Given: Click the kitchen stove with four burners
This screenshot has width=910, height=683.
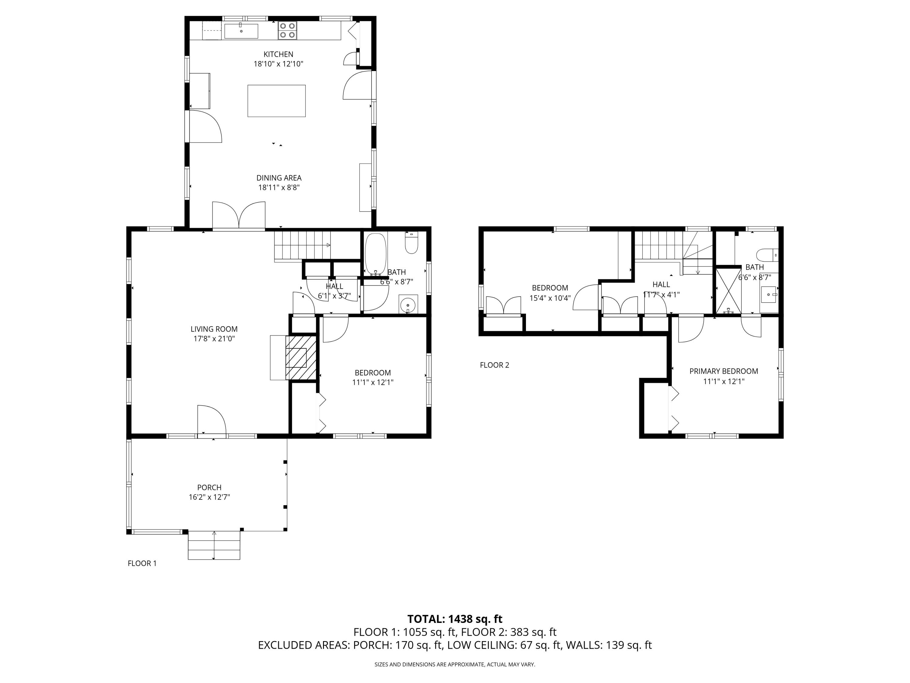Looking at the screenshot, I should (x=287, y=30).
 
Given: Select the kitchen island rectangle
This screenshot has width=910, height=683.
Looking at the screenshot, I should (x=276, y=101).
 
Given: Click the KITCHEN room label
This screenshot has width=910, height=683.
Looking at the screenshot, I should (x=278, y=54).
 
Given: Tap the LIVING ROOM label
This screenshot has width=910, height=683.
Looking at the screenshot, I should (x=214, y=329).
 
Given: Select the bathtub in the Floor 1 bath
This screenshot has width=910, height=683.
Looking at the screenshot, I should (x=376, y=254).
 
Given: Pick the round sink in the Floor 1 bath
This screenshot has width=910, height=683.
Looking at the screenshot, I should (x=408, y=305).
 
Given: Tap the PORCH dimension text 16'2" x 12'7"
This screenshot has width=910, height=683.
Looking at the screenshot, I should (x=209, y=497).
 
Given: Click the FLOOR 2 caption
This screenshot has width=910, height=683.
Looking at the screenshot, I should (x=494, y=365).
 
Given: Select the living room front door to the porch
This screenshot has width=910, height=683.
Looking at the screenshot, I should (x=211, y=421).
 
